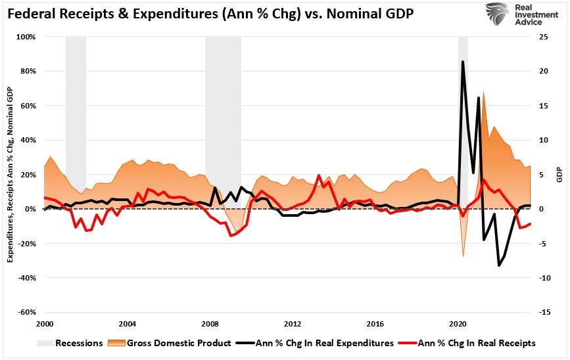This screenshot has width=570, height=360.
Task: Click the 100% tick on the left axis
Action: click(x=26, y=37)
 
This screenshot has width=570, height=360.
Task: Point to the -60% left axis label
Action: click(x=27, y=313)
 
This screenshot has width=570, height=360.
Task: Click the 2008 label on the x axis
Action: click(x=210, y=325)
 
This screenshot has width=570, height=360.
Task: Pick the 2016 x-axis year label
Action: click(x=375, y=325)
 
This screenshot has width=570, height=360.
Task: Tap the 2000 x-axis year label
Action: click(x=45, y=325)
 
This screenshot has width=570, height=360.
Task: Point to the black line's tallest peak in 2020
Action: click(x=463, y=62)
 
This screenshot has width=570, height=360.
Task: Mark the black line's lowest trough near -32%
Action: click(x=499, y=265)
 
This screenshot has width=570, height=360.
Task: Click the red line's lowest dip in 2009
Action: click(x=230, y=235)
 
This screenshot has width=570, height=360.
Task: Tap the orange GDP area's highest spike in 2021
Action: click(x=484, y=93)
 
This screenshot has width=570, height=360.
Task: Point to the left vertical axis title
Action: click(x=11, y=175)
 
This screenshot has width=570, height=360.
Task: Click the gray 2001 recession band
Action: click(x=76, y=112)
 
